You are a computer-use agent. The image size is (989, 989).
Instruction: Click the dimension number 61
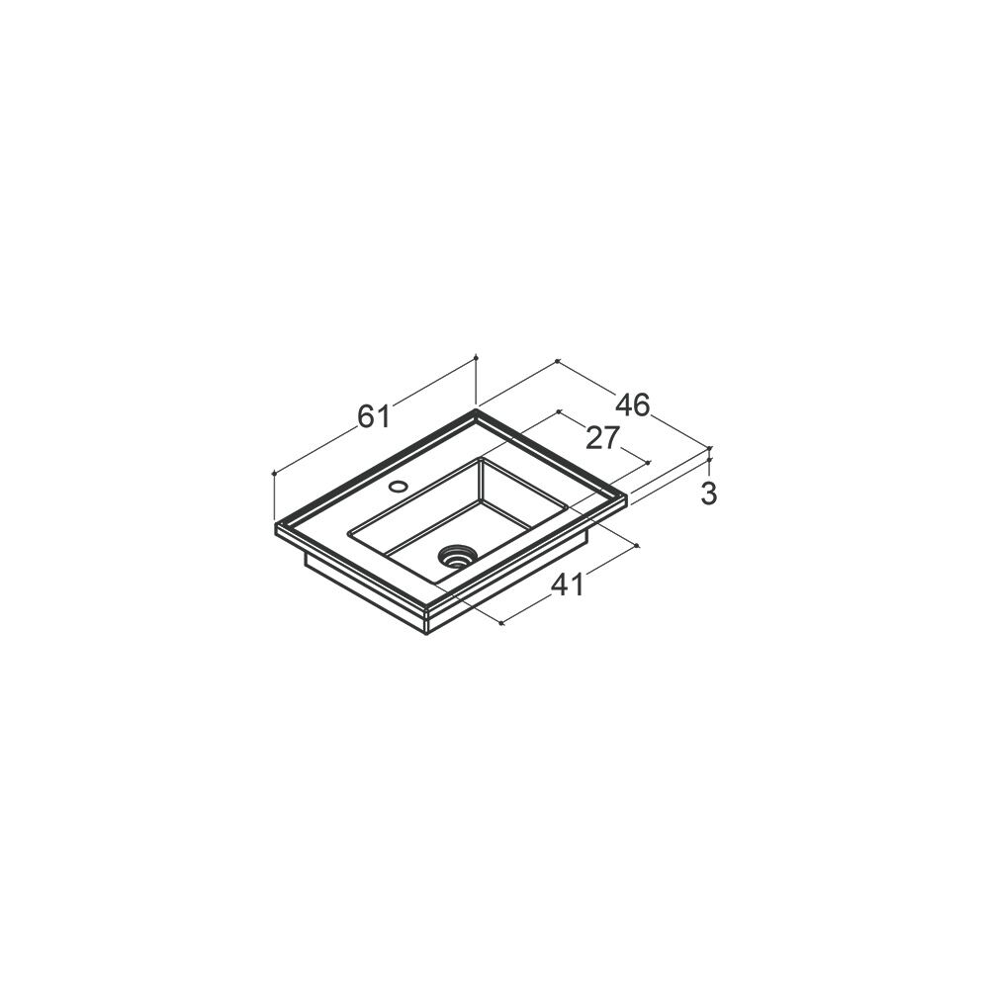pos(374,416)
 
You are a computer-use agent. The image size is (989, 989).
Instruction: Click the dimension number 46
pos(633,405)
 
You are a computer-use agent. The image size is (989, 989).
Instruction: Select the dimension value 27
pos(603,438)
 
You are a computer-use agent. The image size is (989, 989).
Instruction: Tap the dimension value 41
pos(569,585)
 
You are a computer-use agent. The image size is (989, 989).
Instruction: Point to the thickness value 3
pos(709,494)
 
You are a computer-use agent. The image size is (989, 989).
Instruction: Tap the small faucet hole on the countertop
pos(398,487)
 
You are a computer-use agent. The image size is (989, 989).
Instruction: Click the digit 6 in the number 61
pos(367,416)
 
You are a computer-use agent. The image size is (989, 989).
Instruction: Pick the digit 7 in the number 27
pos(612,438)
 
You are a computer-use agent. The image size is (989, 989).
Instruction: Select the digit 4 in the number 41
pos(560,585)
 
